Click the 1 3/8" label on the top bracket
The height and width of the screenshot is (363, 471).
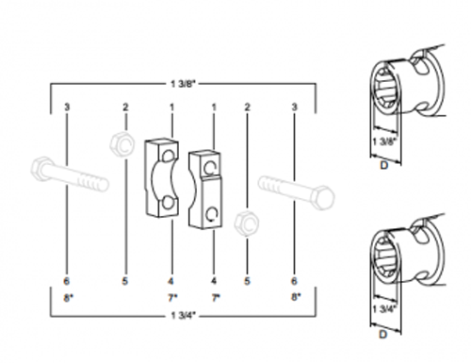tap(183, 84)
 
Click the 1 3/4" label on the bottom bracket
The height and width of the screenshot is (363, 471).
tap(183, 315)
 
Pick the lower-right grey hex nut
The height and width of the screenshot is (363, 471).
tap(247, 223)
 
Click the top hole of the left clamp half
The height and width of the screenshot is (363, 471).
tap(169, 157)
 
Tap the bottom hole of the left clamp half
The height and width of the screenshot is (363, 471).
tap(168, 204)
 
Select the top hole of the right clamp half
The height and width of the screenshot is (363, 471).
tap(209, 168)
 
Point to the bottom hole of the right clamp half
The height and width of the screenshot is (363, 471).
tap(211, 214)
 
